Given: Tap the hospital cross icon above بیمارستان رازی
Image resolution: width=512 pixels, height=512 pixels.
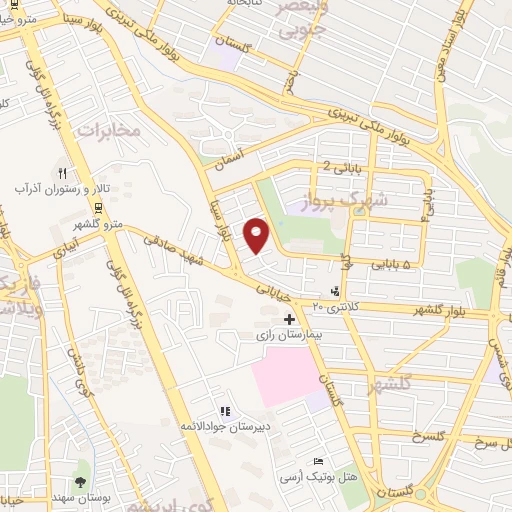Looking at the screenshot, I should tap(289, 318).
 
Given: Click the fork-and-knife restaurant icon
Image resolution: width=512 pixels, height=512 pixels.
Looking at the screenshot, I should tap(62, 172).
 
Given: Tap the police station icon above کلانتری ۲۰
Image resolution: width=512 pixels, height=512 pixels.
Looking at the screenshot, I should tap(336, 291).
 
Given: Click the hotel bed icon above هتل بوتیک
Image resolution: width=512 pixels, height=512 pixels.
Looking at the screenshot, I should tap(318, 461).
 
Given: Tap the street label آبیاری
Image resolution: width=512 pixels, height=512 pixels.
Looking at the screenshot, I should tap(62, 246).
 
